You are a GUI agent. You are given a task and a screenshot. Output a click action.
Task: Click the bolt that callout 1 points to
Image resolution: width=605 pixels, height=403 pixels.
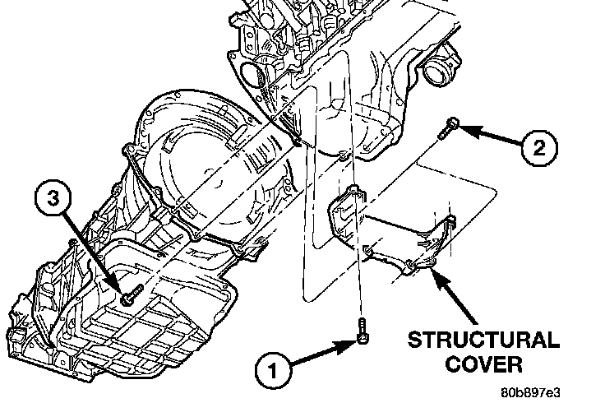[x=363, y=334]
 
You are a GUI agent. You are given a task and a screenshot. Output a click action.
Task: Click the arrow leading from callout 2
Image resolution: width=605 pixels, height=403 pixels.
[x=489, y=136]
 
